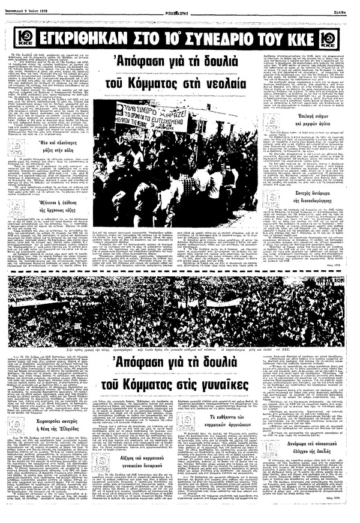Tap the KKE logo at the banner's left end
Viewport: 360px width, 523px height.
(19, 40)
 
